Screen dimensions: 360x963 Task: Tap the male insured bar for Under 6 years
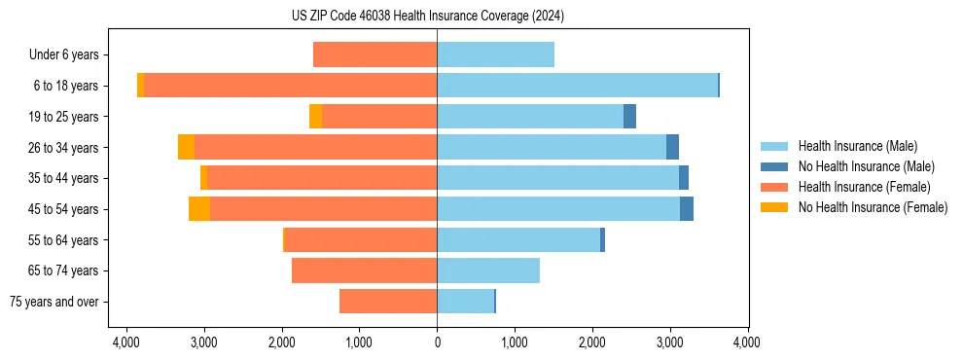495,54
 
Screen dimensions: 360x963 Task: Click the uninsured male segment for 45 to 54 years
687,209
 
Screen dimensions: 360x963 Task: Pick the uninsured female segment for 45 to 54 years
199,209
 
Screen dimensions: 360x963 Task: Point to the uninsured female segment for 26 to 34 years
186,147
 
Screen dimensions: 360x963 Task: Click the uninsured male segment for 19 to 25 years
629,117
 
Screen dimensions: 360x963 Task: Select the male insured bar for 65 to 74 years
488,270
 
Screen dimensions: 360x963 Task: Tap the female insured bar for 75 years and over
388,302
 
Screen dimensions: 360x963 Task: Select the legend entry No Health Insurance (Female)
873,207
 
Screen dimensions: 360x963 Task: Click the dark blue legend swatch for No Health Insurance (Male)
774,166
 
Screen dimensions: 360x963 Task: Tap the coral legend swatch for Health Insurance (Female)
774,187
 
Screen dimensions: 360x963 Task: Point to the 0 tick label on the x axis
437,342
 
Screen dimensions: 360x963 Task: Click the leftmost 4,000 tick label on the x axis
126,342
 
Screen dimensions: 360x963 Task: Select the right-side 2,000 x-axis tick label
592,342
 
